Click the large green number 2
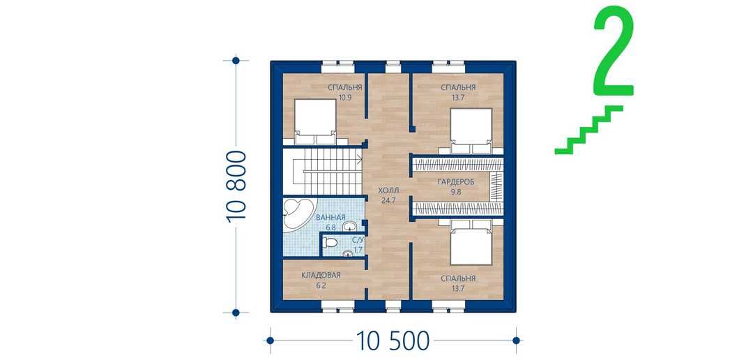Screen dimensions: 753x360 tap(614, 50)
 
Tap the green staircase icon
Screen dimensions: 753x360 tap(588, 130)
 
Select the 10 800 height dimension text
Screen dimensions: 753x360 tap(236, 186)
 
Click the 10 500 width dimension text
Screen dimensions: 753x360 tap(393, 340)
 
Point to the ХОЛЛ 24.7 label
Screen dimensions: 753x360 tap(388, 195)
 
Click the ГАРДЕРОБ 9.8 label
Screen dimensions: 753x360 tap(456, 187)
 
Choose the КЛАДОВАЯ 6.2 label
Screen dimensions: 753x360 tap(321, 280)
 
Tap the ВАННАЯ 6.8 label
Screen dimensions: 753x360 tap(330, 222)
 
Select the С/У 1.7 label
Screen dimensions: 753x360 tap(357, 245)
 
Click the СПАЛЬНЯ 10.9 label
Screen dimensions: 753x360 tap(344, 92)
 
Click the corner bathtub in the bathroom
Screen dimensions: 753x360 tap(298, 216)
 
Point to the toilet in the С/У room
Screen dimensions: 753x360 tap(330, 243)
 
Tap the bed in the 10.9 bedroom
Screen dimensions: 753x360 tap(315, 121)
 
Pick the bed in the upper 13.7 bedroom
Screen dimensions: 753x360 tap(471, 130)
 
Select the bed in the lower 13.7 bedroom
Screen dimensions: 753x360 tap(471, 243)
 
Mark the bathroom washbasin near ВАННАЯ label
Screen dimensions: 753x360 tap(349, 225)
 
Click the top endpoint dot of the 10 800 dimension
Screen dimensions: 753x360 tap(236, 61)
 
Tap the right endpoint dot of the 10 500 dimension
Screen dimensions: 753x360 tap(516, 340)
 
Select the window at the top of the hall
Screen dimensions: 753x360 tap(393, 66)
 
